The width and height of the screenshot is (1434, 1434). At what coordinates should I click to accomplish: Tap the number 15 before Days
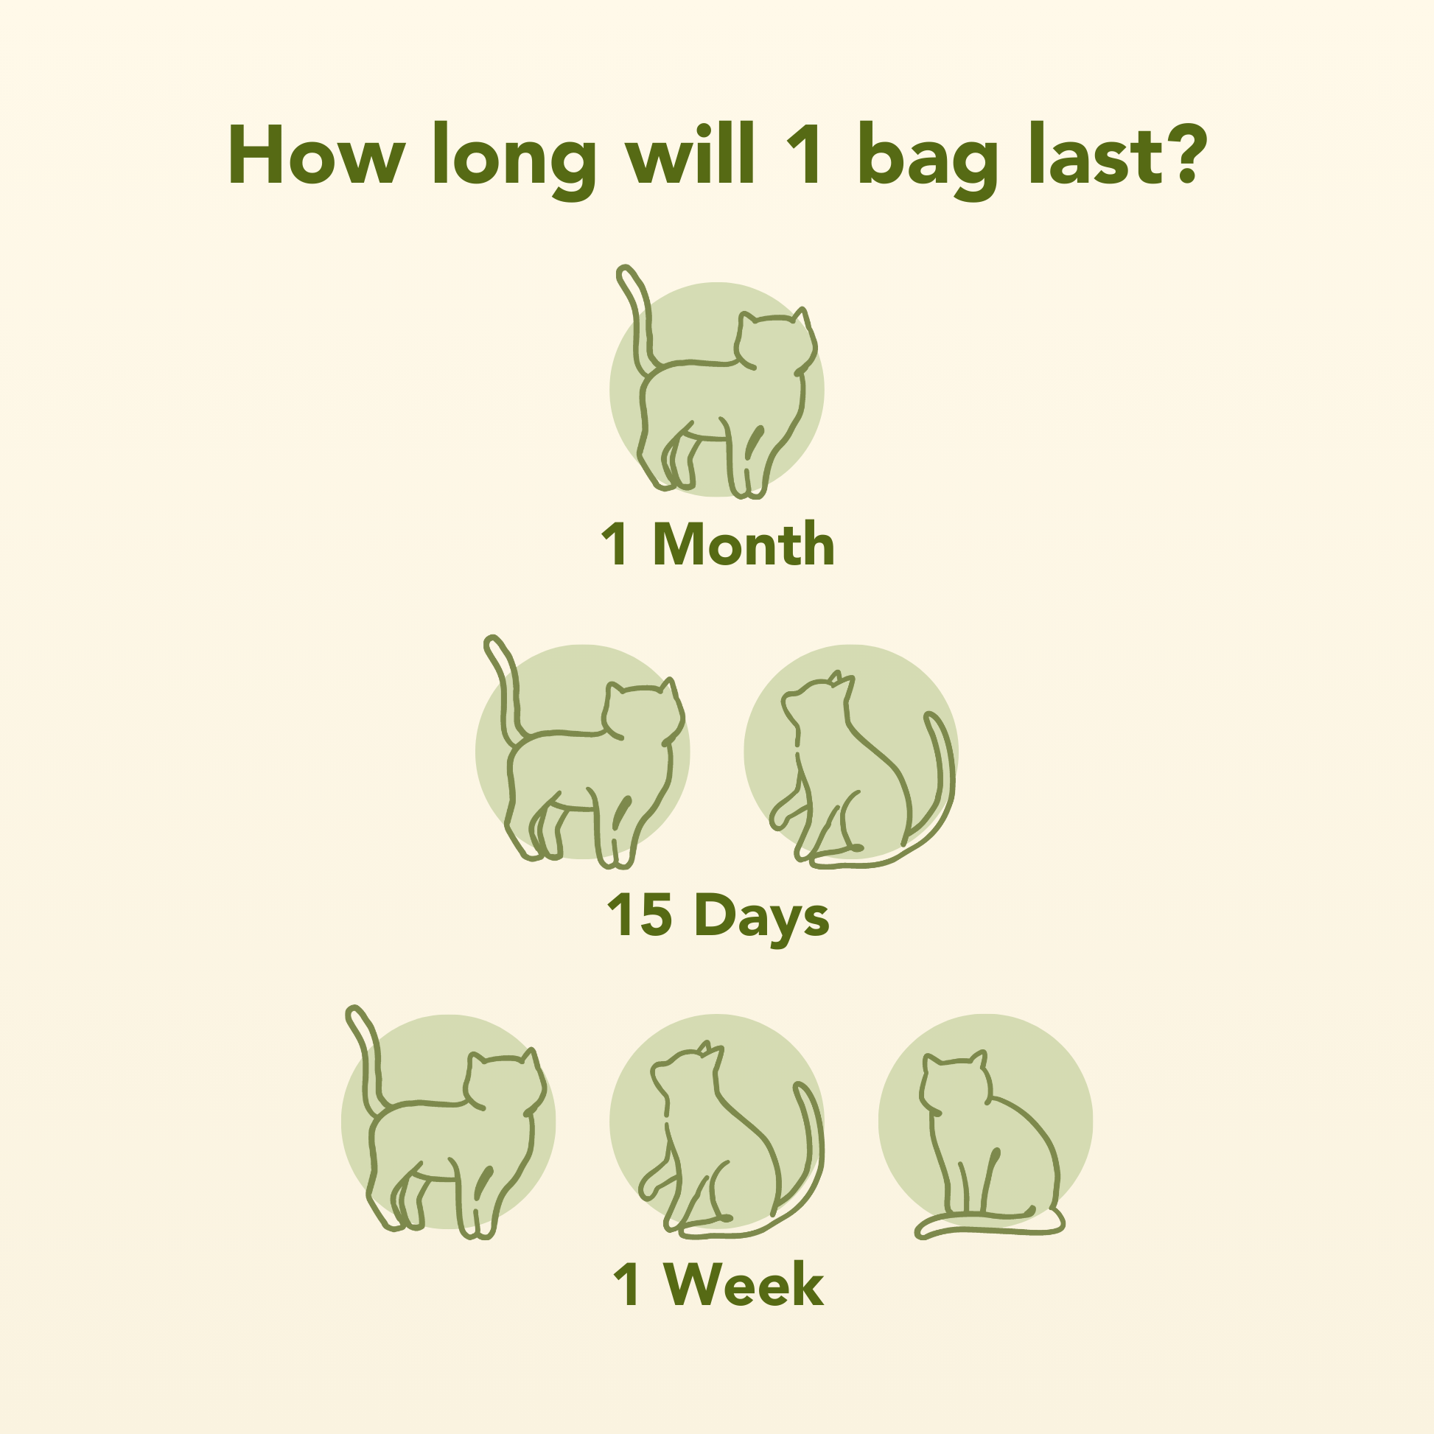pyautogui.click(x=640, y=914)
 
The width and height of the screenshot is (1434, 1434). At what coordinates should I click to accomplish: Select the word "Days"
pyautogui.click(x=762, y=917)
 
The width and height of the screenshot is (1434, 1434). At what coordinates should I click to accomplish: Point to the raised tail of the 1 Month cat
pyautogui.click(x=637, y=312)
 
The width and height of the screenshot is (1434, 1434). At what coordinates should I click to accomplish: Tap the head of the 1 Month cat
pyautogui.click(x=776, y=341)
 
